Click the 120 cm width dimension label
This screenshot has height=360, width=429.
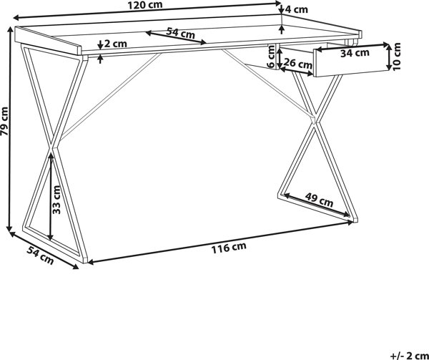(x=145, y=5)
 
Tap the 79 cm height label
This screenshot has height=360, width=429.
(x=5, y=121)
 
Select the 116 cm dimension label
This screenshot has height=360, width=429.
(x=229, y=248)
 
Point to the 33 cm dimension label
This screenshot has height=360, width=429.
(x=56, y=200)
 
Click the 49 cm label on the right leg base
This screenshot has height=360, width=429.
(x=319, y=200)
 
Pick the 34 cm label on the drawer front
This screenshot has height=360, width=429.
(x=355, y=53)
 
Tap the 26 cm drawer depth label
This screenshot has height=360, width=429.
(x=297, y=64)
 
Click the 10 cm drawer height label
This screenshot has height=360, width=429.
(x=396, y=57)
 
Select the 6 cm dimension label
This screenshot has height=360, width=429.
(x=270, y=57)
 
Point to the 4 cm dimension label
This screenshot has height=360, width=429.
(x=297, y=9)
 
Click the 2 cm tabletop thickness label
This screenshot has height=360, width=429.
(x=116, y=44)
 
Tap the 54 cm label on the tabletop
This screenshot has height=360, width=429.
(x=181, y=33)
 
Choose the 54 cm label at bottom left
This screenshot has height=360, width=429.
(x=40, y=255)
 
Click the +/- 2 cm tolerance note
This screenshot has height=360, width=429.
(x=409, y=356)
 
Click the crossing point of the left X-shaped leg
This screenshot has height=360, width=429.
(x=53, y=146)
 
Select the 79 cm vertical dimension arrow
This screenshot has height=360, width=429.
(x=10, y=129)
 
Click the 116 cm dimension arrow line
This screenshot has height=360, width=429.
(x=220, y=243)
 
